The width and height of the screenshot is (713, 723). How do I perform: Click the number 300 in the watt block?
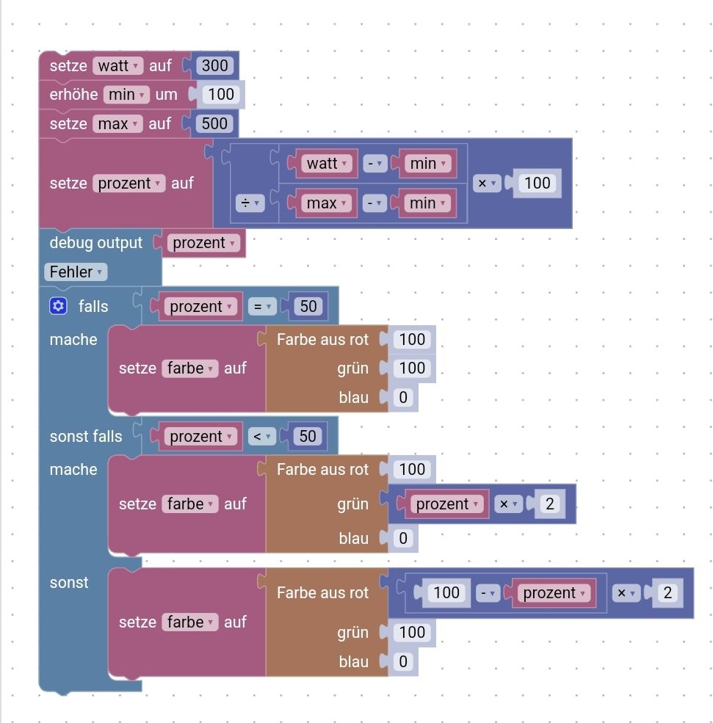[x=214, y=65]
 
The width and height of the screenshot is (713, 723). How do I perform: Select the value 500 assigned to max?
[x=214, y=123]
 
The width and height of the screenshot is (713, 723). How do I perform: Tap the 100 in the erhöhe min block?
[x=220, y=94]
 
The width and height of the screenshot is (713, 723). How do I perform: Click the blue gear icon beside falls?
[x=59, y=306]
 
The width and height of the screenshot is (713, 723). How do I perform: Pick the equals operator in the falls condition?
[x=261, y=306]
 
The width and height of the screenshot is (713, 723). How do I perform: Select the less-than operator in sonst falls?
[x=261, y=436]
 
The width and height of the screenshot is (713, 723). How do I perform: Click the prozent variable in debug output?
[x=203, y=243]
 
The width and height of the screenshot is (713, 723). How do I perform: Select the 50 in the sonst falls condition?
[x=307, y=436]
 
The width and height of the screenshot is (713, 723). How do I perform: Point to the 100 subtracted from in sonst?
[x=446, y=592]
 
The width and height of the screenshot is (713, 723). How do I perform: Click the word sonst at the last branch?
[x=69, y=582]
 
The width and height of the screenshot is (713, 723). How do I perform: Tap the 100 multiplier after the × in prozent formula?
[x=538, y=183]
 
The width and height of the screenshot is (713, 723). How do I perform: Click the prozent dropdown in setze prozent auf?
[x=129, y=183]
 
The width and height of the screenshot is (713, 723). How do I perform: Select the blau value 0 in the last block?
[x=402, y=661]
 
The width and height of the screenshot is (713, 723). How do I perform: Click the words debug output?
[x=95, y=242]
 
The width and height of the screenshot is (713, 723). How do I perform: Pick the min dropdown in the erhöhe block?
[x=126, y=95]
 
